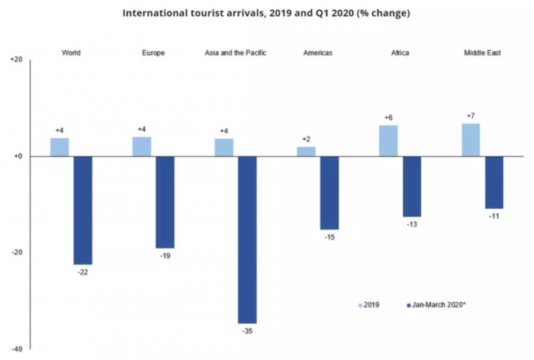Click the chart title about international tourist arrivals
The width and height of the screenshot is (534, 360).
click(266, 13)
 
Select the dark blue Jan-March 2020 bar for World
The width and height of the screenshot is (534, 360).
click(82, 210)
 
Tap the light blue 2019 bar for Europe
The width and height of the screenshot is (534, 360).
click(142, 146)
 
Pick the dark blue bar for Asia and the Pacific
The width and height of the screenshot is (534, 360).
click(247, 239)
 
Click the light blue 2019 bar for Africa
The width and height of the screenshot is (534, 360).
click(388, 141)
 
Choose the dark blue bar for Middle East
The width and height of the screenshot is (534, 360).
click(494, 182)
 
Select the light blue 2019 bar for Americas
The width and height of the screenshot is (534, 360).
click(306, 151)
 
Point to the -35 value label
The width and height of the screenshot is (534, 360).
click(246, 331)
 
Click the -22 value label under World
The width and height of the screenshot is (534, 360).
click(82, 272)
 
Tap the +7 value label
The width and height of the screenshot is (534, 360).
click(471, 116)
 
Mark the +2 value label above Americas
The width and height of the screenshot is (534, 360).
click(306, 140)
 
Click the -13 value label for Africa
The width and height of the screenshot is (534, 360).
click(412, 224)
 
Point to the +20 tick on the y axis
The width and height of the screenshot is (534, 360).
click(15, 60)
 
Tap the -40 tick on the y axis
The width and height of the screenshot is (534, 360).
click(15, 349)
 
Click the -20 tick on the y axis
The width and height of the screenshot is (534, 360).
click(15, 252)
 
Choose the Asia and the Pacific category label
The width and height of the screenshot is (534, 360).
click(236, 53)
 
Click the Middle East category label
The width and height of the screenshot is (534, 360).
click(482, 53)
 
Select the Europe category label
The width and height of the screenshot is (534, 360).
click(153, 53)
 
